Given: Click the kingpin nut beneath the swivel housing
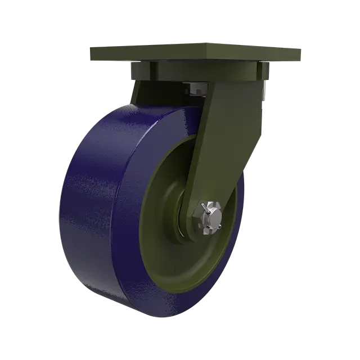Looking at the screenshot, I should [197, 88].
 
